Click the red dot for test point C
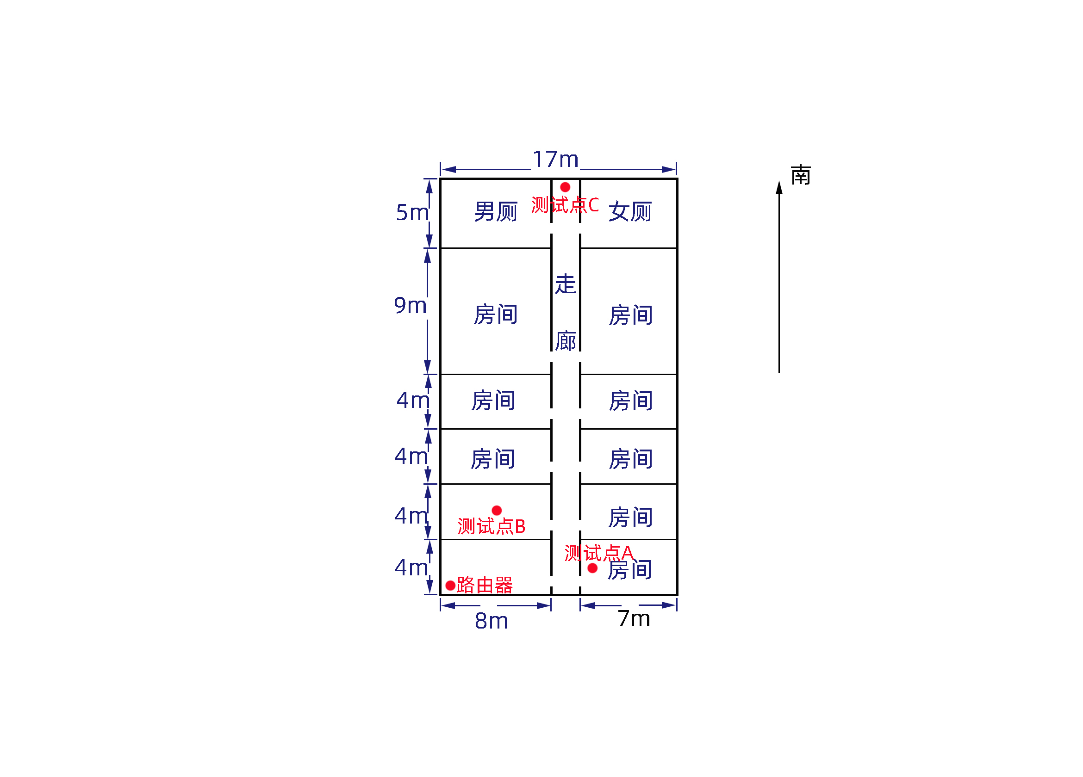coord(565,187)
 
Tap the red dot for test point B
coord(497,510)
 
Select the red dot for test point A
coord(592,568)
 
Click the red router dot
coord(450,585)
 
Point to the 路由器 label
coord(484,585)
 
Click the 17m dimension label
coord(555,160)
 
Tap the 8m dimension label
coord(492,621)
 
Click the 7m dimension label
coord(634,619)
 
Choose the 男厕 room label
coord(496,211)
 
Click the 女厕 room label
coord(630,211)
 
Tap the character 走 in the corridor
coord(566,284)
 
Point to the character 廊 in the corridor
coord(566,341)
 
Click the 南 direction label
coord(801,176)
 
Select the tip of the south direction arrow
coord(779,183)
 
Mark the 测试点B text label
coord(492,526)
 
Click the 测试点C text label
coord(565,205)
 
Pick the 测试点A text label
coord(599,553)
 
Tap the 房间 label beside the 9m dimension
coord(496,314)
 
